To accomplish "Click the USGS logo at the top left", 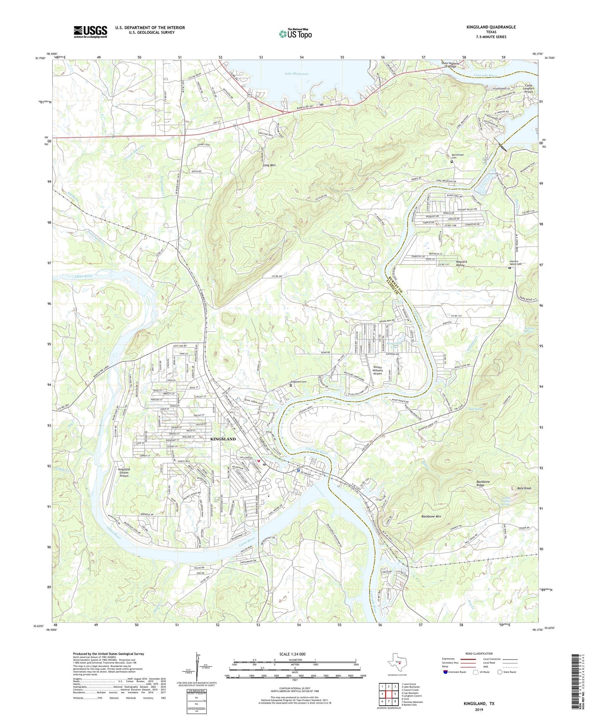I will click(90, 32).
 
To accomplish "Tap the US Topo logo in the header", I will click(295, 34).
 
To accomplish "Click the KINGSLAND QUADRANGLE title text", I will click(491, 27).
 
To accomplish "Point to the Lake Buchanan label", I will click(296, 74).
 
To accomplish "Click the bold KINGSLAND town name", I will click(223, 439).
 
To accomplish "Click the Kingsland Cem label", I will click(298, 382).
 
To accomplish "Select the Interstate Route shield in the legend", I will click(446, 672).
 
